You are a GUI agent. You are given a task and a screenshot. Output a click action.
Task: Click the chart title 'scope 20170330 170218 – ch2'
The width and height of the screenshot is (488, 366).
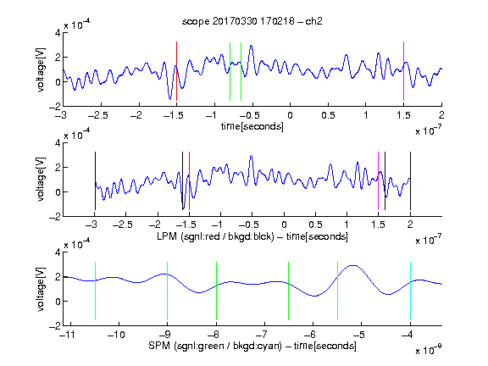pos(252,21)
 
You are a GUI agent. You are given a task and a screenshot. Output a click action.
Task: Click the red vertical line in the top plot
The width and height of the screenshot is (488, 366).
pos(176,71)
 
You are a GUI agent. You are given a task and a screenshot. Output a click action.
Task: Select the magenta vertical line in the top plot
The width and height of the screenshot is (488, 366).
pos(403,71)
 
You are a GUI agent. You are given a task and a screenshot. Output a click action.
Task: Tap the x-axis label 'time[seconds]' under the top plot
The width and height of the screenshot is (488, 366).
pos(252,126)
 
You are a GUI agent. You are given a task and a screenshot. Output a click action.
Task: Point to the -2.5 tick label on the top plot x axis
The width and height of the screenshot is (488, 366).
pos(97,115)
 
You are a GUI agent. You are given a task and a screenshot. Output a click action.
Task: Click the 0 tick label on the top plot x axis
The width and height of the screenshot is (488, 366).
pos(290,115)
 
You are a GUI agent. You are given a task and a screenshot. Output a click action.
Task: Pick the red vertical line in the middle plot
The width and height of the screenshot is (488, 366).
pos(189,180)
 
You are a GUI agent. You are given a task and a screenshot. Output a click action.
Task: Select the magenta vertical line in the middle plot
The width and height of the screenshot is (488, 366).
pos(378,180)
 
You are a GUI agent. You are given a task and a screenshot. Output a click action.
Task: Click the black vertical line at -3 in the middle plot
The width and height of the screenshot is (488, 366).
pos(95,180)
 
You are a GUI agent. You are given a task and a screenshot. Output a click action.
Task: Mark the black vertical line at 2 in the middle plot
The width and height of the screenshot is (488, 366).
pos(410,180)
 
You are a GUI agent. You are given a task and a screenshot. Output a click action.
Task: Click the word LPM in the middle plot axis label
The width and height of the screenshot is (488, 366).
pos(167,236)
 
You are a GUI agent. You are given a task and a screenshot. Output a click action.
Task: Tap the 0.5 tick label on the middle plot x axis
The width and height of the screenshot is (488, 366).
pos(315,225)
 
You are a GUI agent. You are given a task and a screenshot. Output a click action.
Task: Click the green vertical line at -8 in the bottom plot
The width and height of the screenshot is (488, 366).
pos(216,291)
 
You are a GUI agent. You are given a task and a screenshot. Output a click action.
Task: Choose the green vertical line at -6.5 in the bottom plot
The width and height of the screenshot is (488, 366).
pos(289,291)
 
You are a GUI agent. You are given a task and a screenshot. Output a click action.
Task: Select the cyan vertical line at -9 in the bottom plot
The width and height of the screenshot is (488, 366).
pos(168,291)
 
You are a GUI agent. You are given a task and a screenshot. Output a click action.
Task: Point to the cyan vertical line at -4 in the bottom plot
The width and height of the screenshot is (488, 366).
pos(410,291)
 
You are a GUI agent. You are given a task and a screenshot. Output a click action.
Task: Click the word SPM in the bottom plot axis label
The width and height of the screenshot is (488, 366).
pos(159,346)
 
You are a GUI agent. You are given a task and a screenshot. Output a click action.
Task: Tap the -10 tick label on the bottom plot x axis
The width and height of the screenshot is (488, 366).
pos(116,335)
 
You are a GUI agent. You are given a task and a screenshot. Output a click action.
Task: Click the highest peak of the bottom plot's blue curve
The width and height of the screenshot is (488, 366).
pos(352,265)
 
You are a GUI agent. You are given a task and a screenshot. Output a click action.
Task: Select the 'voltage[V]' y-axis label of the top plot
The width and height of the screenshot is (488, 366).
pos(41,70)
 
